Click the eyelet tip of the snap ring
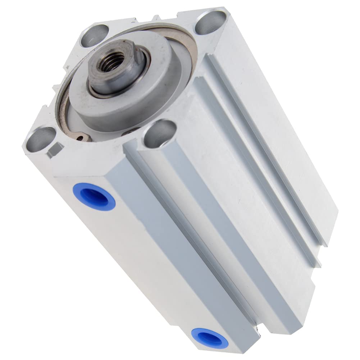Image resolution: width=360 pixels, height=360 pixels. (83, 138)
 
